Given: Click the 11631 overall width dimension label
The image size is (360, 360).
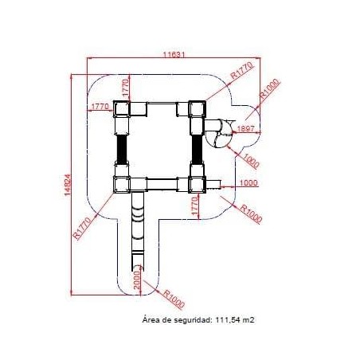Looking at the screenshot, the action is click(174, 55).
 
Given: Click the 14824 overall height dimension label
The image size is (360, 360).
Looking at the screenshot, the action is click(68, 185).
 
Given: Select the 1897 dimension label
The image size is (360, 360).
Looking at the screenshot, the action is click(246, 128).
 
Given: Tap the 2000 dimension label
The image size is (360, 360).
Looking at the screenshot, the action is click(136, 280).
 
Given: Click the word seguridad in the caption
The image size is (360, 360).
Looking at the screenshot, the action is click(192, 320).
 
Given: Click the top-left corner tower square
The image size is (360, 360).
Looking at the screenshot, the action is click(122, 109).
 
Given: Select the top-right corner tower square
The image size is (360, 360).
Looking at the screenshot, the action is click(197, 109).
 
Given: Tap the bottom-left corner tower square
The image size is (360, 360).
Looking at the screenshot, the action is click(122, 184).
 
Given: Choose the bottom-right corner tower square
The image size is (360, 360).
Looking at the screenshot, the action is click(197, 184).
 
